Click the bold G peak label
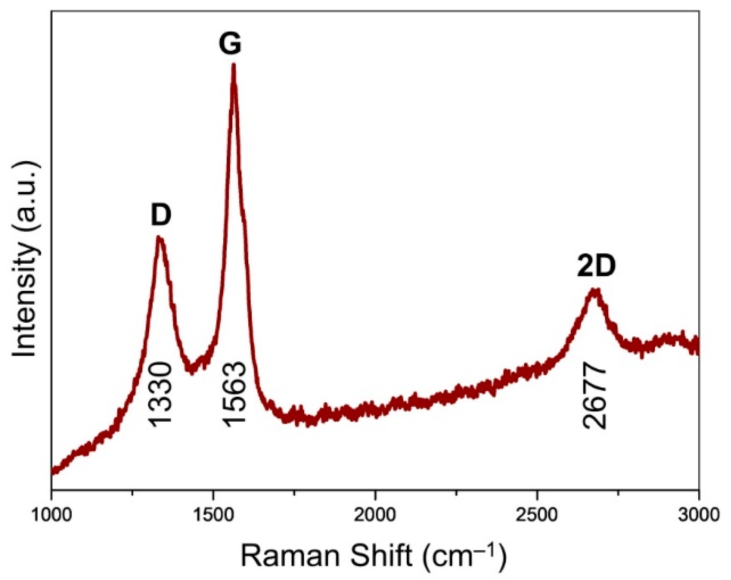[230, 44]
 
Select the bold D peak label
[161, 215]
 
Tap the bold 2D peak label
[596, 266]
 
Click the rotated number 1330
[161, 394]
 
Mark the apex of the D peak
[159, 238]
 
